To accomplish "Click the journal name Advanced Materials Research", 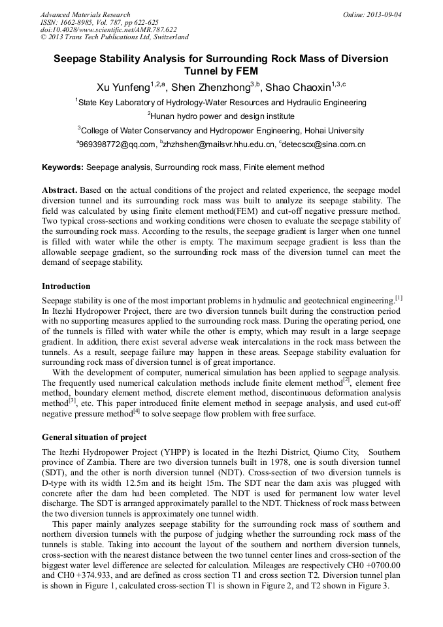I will tap(85, 14).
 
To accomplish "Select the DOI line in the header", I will tap(108, 29).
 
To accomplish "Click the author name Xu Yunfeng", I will tap(123, 87).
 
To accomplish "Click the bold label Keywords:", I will tap(63, 167).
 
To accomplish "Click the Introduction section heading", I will tap(66, 286).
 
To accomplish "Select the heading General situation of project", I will tap(94, 437).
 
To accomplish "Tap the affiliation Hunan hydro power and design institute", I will tap(222, 116).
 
